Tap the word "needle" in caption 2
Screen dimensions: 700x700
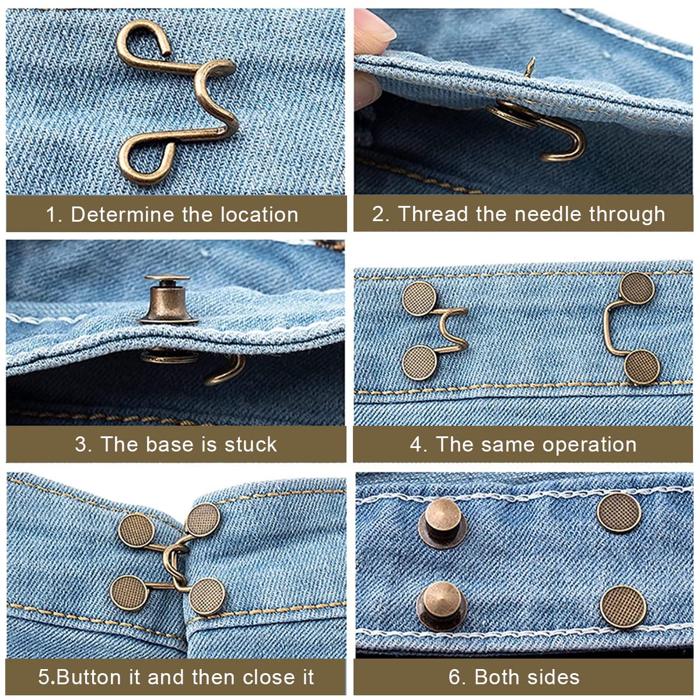[x=548, y=213]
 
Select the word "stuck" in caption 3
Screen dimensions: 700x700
[x=251, y=444]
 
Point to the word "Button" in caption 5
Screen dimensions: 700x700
[x=90, y=677]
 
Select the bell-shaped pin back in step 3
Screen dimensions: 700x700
[x=168, y=299]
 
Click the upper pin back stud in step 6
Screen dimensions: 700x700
[x=442, y=522]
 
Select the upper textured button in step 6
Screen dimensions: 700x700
[x=619, y=513]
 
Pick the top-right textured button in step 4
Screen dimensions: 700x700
[x=637, y=288]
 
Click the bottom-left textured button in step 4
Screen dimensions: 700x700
[x=420, y=362]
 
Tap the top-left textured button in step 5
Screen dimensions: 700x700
[x=136, y=530]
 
